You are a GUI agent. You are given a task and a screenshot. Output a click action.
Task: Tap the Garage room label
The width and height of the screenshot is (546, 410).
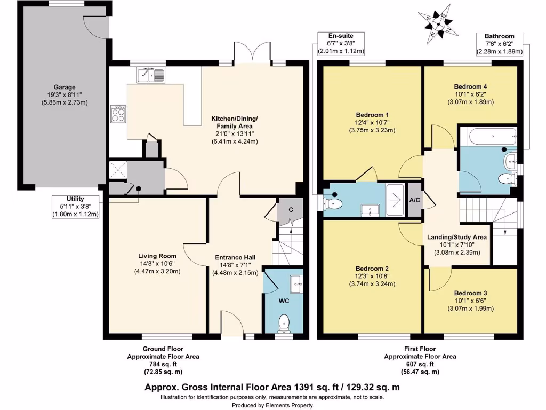[x=64, y=87]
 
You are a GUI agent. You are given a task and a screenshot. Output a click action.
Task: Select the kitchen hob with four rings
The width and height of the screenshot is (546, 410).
[x=118, y=114]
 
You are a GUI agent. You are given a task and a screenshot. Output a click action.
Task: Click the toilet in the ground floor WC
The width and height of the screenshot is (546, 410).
[x=284, y=322]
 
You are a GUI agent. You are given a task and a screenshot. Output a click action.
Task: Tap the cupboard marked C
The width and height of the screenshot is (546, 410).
[x=291, y=209]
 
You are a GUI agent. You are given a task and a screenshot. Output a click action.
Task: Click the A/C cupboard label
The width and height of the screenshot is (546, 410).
[x=414, y=200]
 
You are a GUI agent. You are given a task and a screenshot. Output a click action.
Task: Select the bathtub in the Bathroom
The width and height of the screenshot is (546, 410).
[x=488, y=136]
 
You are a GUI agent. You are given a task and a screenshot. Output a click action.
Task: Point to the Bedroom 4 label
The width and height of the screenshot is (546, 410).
[x=470, y=86]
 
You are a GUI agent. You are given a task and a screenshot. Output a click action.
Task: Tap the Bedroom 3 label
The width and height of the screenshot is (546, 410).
[x=470, y=293]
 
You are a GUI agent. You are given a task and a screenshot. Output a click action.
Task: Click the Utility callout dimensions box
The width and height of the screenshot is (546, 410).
[x=76, y=207]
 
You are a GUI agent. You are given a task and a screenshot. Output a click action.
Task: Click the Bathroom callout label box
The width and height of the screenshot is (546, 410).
[x=500, y=44]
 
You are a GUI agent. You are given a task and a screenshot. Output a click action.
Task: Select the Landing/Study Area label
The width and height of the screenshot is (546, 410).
[x=457, y=237]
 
